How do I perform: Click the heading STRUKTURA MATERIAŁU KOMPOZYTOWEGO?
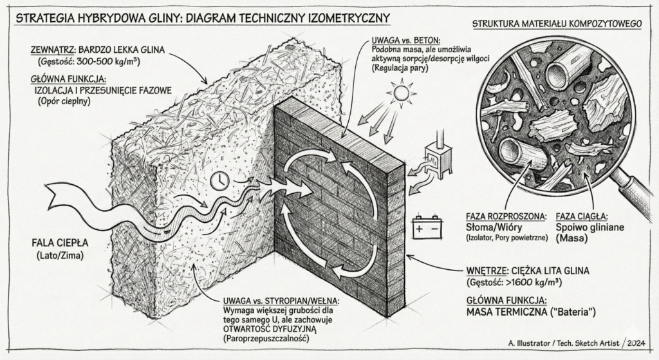click(x=557, y=24)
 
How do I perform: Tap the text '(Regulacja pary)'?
click(x=403, y=68)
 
